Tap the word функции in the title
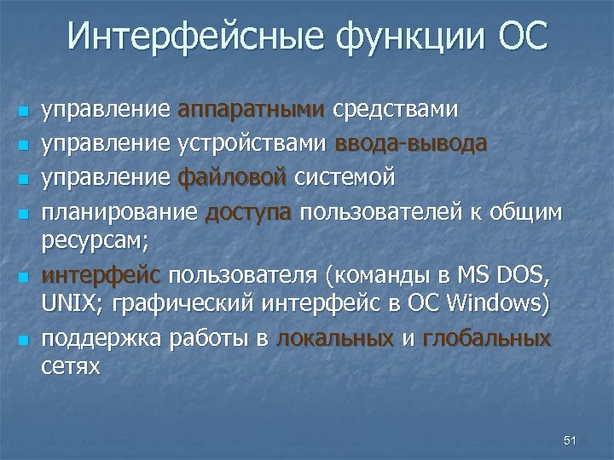click(405, 37)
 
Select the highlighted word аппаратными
click(252, 110)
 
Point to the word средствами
click(395, 110)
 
